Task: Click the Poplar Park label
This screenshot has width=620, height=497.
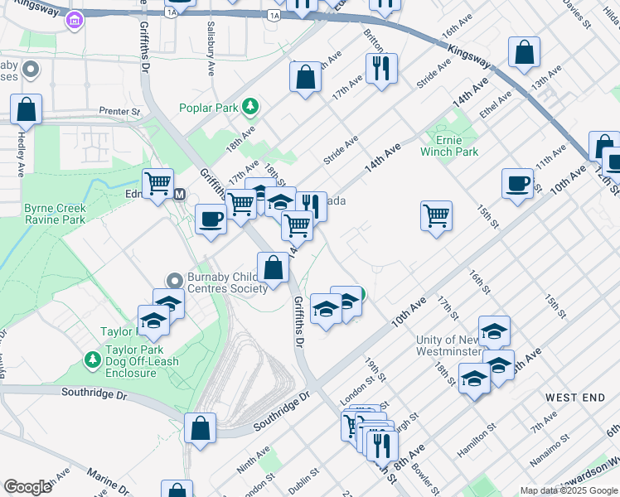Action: tap(210, 108)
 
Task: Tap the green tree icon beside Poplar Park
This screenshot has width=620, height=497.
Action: tap(249, 107)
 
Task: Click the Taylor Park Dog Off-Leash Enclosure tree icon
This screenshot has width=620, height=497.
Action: tap(93, 361)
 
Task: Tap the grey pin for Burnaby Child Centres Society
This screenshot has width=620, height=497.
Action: tap(174, 281)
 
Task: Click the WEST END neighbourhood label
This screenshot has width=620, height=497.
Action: tap(573, 398)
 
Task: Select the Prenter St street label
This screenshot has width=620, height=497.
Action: tap(120, 111)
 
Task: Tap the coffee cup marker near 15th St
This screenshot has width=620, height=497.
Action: tap(517, 183)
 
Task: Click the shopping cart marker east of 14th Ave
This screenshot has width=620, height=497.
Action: tap(436, 216)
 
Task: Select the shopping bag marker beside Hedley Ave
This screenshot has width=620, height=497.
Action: tap(27, 109)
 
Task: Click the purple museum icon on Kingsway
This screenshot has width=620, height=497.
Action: tap(74, 19)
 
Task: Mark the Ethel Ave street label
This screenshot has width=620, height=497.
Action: tap(497, 107)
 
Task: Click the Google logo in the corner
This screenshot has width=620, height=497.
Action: tap(28, 487)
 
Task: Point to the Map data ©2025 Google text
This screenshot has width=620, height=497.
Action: tap(569, 490)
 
